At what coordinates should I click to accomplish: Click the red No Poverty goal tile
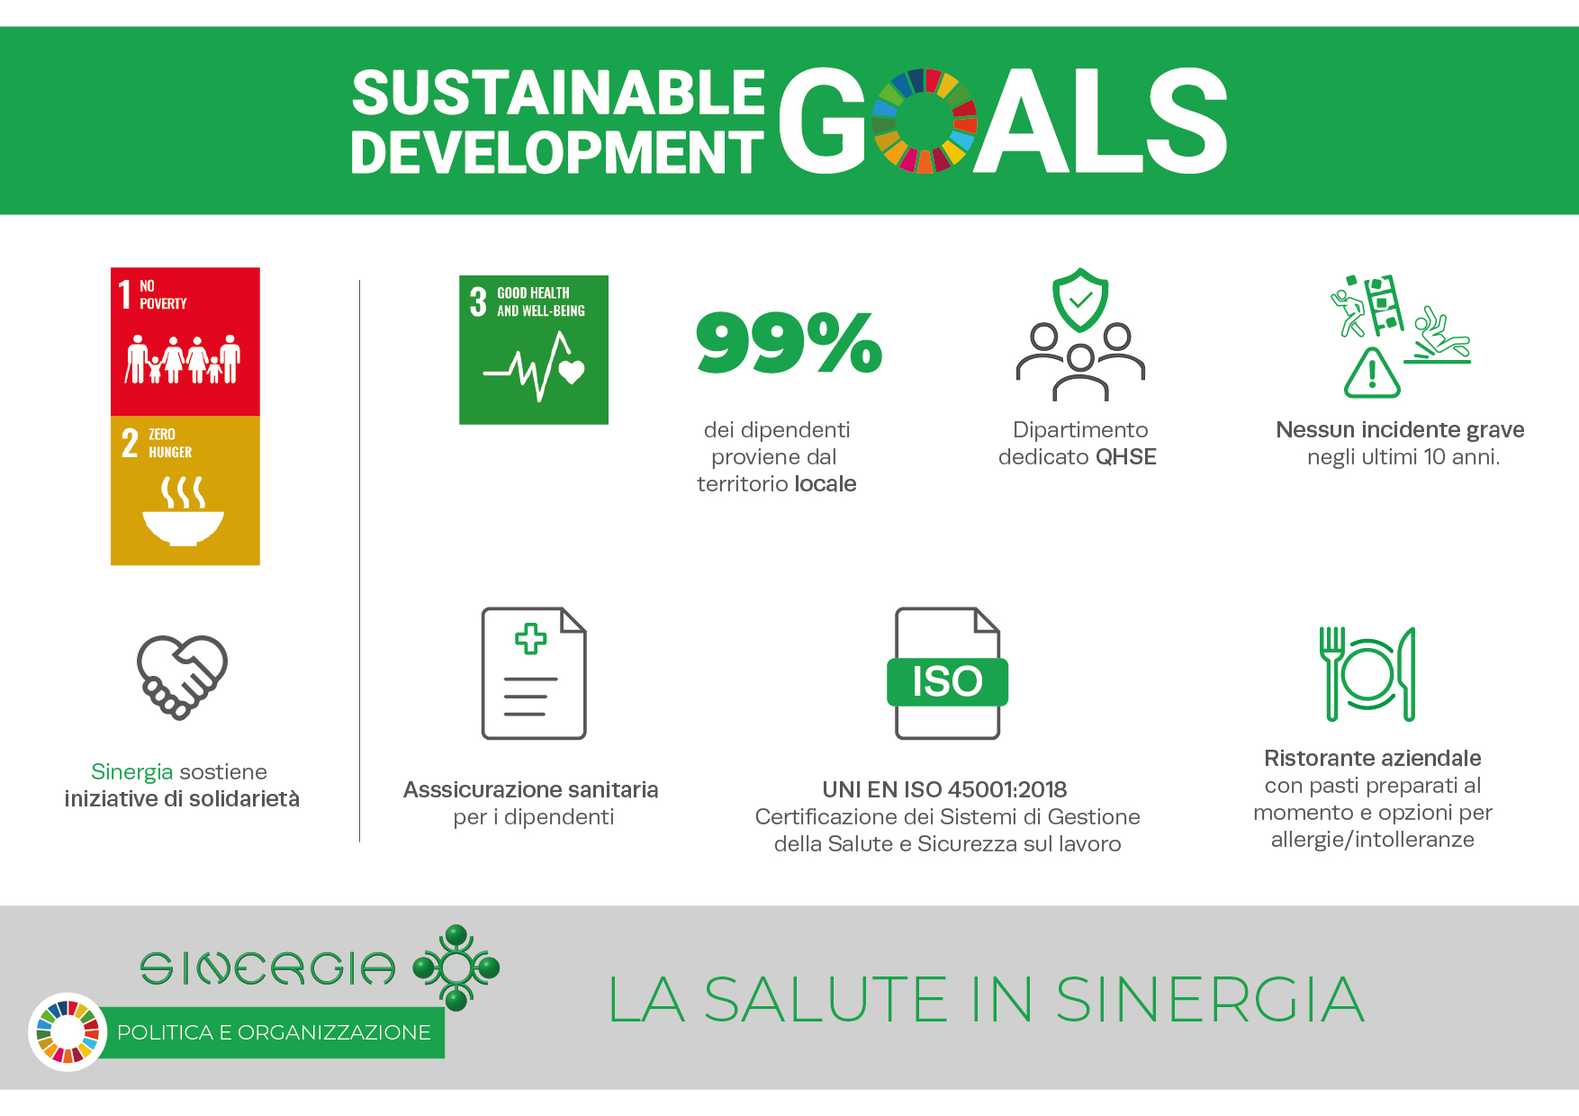coord(185,341)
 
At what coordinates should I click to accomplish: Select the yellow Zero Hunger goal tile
coord(185,490)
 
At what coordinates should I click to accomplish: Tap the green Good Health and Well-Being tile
coord(534,349)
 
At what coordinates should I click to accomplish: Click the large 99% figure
coord(789,342)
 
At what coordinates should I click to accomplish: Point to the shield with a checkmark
coord(1080,300)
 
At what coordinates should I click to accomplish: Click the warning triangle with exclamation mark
coord(1372,373)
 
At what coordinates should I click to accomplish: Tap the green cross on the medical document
coord(530,639)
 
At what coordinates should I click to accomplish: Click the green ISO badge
coord(947,681)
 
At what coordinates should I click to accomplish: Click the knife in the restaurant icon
coord(1407,674)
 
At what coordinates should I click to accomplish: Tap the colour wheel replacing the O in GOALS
coord(925,121)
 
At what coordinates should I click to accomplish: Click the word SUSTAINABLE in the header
coord(558,93)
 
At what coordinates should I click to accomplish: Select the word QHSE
coord(1125,457)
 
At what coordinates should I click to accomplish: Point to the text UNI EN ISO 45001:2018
coord(944,789)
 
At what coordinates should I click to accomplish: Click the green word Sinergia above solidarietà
coord(131,772)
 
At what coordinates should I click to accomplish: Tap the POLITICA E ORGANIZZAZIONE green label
coord(274,1032)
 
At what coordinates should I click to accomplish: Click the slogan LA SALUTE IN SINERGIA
coord(987,1000)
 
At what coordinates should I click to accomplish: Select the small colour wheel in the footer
coord(68,1032)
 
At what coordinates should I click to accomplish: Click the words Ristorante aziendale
coord(1373,758)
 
